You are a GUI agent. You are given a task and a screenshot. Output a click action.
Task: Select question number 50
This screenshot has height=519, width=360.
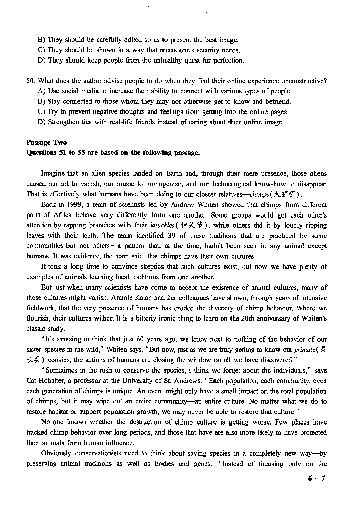(31, 81)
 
